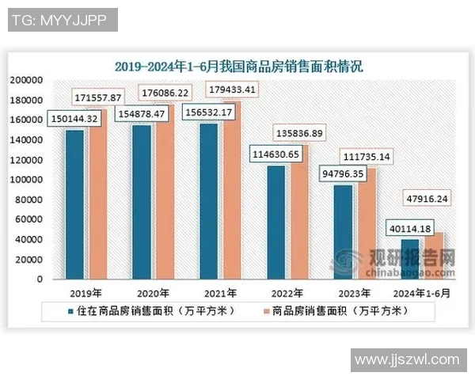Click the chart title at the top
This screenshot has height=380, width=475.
[237, 66]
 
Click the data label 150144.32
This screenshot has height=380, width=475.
[74, 119]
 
